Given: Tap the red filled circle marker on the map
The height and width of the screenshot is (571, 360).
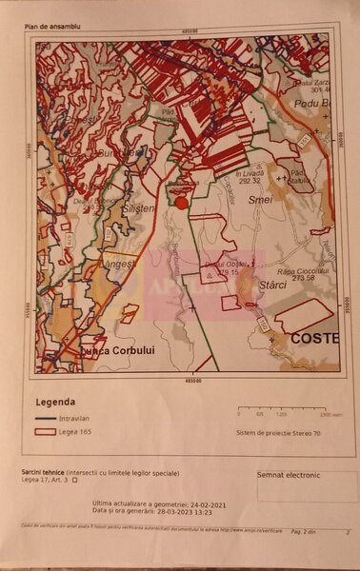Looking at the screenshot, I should (x=180, y=201).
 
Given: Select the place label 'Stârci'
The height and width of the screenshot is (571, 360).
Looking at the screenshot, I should (x=273, y=285).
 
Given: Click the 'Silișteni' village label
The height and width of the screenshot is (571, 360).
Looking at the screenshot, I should (x=136, y=207).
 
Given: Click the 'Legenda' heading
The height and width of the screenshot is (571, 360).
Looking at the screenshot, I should (x=55, y=402).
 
